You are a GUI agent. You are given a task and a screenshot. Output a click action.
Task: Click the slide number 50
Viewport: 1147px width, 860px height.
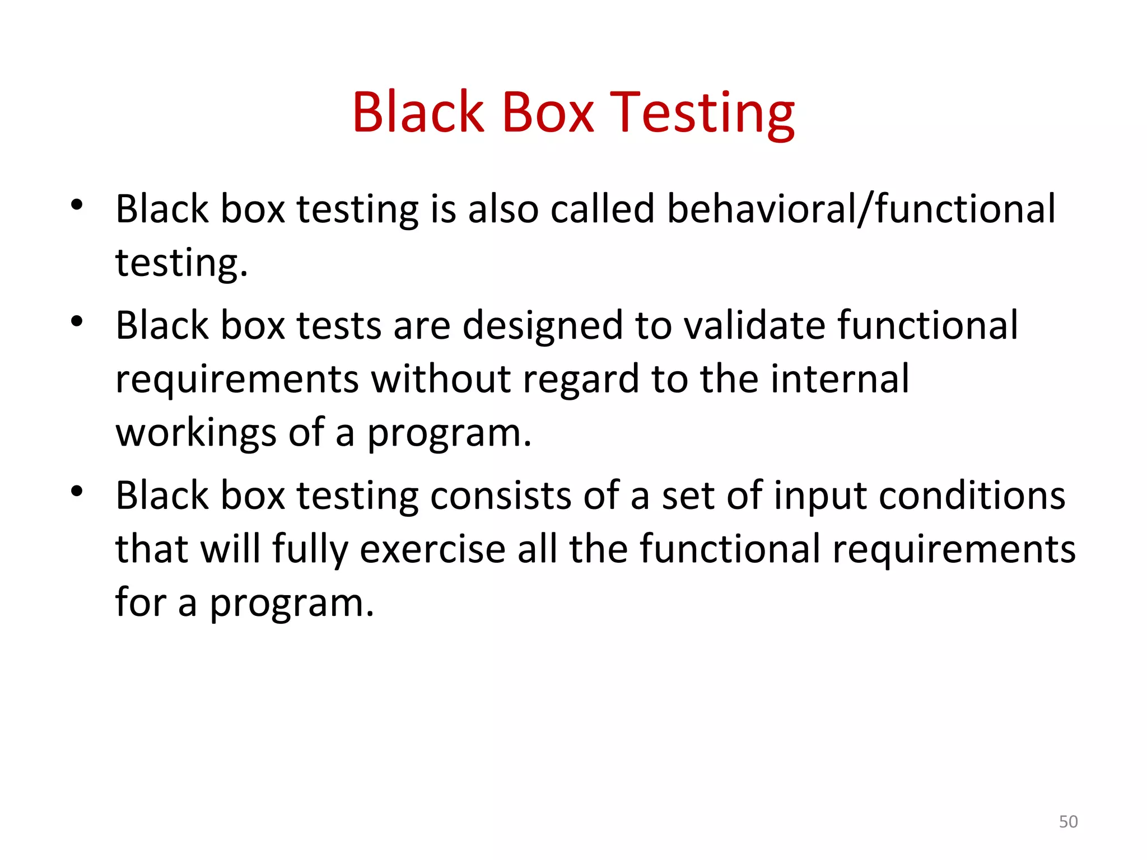[x=1068, y=821]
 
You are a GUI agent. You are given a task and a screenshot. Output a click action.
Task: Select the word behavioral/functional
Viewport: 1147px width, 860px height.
[x=861, y=209]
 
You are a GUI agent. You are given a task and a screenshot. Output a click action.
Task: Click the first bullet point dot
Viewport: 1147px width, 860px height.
[x=77, y=205]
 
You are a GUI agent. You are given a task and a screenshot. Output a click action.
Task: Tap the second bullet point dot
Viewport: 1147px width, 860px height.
[x=77, y=321]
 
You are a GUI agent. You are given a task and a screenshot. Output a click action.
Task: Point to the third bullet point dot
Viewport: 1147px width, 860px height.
[x=77, y=492]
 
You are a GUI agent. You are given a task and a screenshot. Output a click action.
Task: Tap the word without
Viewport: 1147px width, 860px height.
[x=441, y=379]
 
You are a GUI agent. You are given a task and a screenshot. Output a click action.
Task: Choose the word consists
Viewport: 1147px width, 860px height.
[x=501, y=496]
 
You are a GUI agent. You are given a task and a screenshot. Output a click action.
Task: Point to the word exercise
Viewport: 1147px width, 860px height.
[x=432, y=549]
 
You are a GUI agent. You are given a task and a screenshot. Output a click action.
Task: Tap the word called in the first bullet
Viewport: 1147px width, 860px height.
[x=602, y=209]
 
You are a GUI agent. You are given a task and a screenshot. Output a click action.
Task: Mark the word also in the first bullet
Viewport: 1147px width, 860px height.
[x=503, y=209]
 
